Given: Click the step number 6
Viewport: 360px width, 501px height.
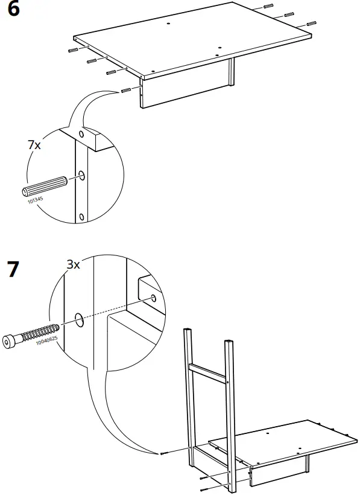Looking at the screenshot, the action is pyautogui.click(x=13, y=8).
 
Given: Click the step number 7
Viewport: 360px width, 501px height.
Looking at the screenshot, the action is pyautogui.click(x=13, y=269).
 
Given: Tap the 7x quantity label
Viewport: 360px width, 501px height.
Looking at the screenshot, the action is pyautogui.click(x=34, y=145).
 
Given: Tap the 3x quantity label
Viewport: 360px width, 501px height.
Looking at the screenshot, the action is pyautogui.click(x=73, y=264).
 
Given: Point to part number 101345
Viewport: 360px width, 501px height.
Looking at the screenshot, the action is pyautogui.click(x=35, y=200).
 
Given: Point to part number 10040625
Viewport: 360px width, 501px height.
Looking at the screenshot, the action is pyautogui.click(x=46, y=340).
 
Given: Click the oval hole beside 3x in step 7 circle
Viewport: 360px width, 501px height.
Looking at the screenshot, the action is pyautogui.click(x=79, y=319).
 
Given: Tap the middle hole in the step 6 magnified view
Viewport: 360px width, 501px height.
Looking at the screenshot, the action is pyautogui.click(x=81, y=175).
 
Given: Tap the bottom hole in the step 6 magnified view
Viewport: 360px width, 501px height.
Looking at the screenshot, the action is pyautogui.click(x=81, y=217).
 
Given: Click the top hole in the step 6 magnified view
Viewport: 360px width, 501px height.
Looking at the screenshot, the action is pyautogui.click(x=81, y=134).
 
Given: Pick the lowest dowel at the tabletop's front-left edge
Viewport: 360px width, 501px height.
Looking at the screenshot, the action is pyautogui.click(x=126, y=91).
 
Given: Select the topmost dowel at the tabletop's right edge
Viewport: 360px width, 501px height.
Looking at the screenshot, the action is pyautogui.click(x=268, y=6).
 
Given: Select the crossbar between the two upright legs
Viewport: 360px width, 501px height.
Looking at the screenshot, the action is pyautogui.click(x=208, y=372).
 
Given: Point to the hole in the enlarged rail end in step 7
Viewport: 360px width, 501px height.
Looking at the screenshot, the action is pyautogui.click(x=154, y=298).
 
